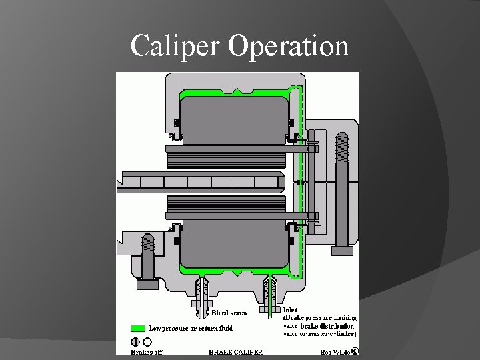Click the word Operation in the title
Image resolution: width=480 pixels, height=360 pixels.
[288, 46]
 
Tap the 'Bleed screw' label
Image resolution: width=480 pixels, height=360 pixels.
[229, 312]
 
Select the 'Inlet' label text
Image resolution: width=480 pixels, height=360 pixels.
[291, 310]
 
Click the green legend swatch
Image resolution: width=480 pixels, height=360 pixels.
[137, 328]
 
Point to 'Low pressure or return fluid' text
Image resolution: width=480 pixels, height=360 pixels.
[190, 328]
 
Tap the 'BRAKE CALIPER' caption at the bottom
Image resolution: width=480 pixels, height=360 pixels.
[236, 351]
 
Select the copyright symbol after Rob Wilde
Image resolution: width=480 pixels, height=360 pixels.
[355, 351]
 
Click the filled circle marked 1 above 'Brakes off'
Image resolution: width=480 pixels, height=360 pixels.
[135, 342]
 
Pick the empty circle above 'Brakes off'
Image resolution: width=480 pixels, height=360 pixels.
[147, 342]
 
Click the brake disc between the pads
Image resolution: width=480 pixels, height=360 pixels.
[200, 181]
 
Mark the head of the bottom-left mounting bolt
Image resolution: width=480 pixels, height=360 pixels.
[147, 284]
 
